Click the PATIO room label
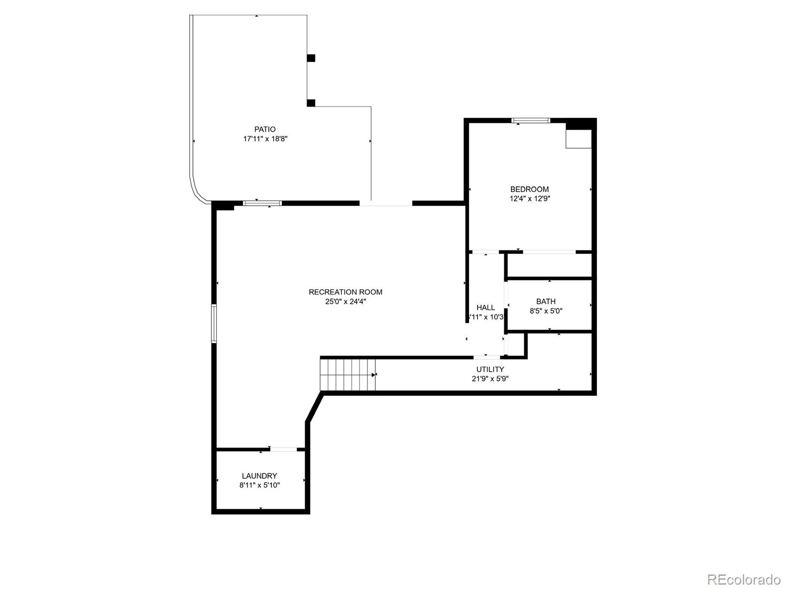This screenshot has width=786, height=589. click(x=265, y=130)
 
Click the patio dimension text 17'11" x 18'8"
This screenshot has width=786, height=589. click(x=265, y=139)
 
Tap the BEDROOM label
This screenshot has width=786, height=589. click(x=529, y=189)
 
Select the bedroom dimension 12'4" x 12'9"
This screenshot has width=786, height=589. click(x=529, y=199)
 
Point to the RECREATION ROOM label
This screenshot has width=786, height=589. click(x=345, y=292)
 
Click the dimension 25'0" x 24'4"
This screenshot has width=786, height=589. click(x=345, y=302)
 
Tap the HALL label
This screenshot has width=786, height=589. click(x=485, y=308)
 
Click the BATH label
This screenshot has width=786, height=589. click(x=546, y=301)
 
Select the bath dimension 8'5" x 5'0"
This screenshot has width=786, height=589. click(x=546, y=311)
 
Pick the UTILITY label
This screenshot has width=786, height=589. click(x=490, y=370)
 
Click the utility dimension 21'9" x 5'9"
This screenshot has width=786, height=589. click(x=490, y=379)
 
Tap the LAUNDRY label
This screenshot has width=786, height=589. click(x=259, y=476)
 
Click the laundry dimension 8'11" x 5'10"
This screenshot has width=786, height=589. click(x=259, y=485)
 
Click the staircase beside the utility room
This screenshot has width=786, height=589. click(x=348, y=375)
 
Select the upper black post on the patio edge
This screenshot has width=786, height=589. click(x=311, y=58)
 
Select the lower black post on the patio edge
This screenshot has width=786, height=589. click(x=311, y=103)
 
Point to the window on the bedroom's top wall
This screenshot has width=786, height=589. click(x=531, y=120)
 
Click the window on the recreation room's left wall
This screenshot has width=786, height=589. click(x=214, y=323)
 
